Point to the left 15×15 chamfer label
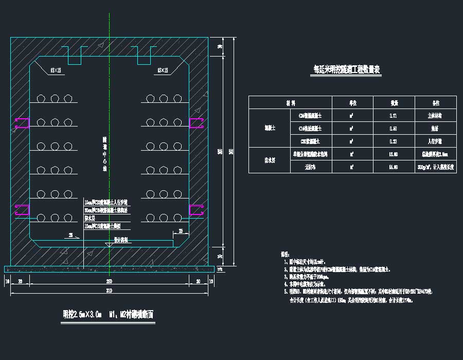[x=56, y=70]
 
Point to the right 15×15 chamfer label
[x=163, y=70]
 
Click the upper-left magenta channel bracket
[x=22, y=122]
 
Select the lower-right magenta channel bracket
[x=197, y=210]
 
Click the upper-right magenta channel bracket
[x=197, y=122]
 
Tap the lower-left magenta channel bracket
[x=22, y=210]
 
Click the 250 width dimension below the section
[x=109, y=282]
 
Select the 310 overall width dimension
[x=109, y=292]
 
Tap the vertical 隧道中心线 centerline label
[x=104, y=154]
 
